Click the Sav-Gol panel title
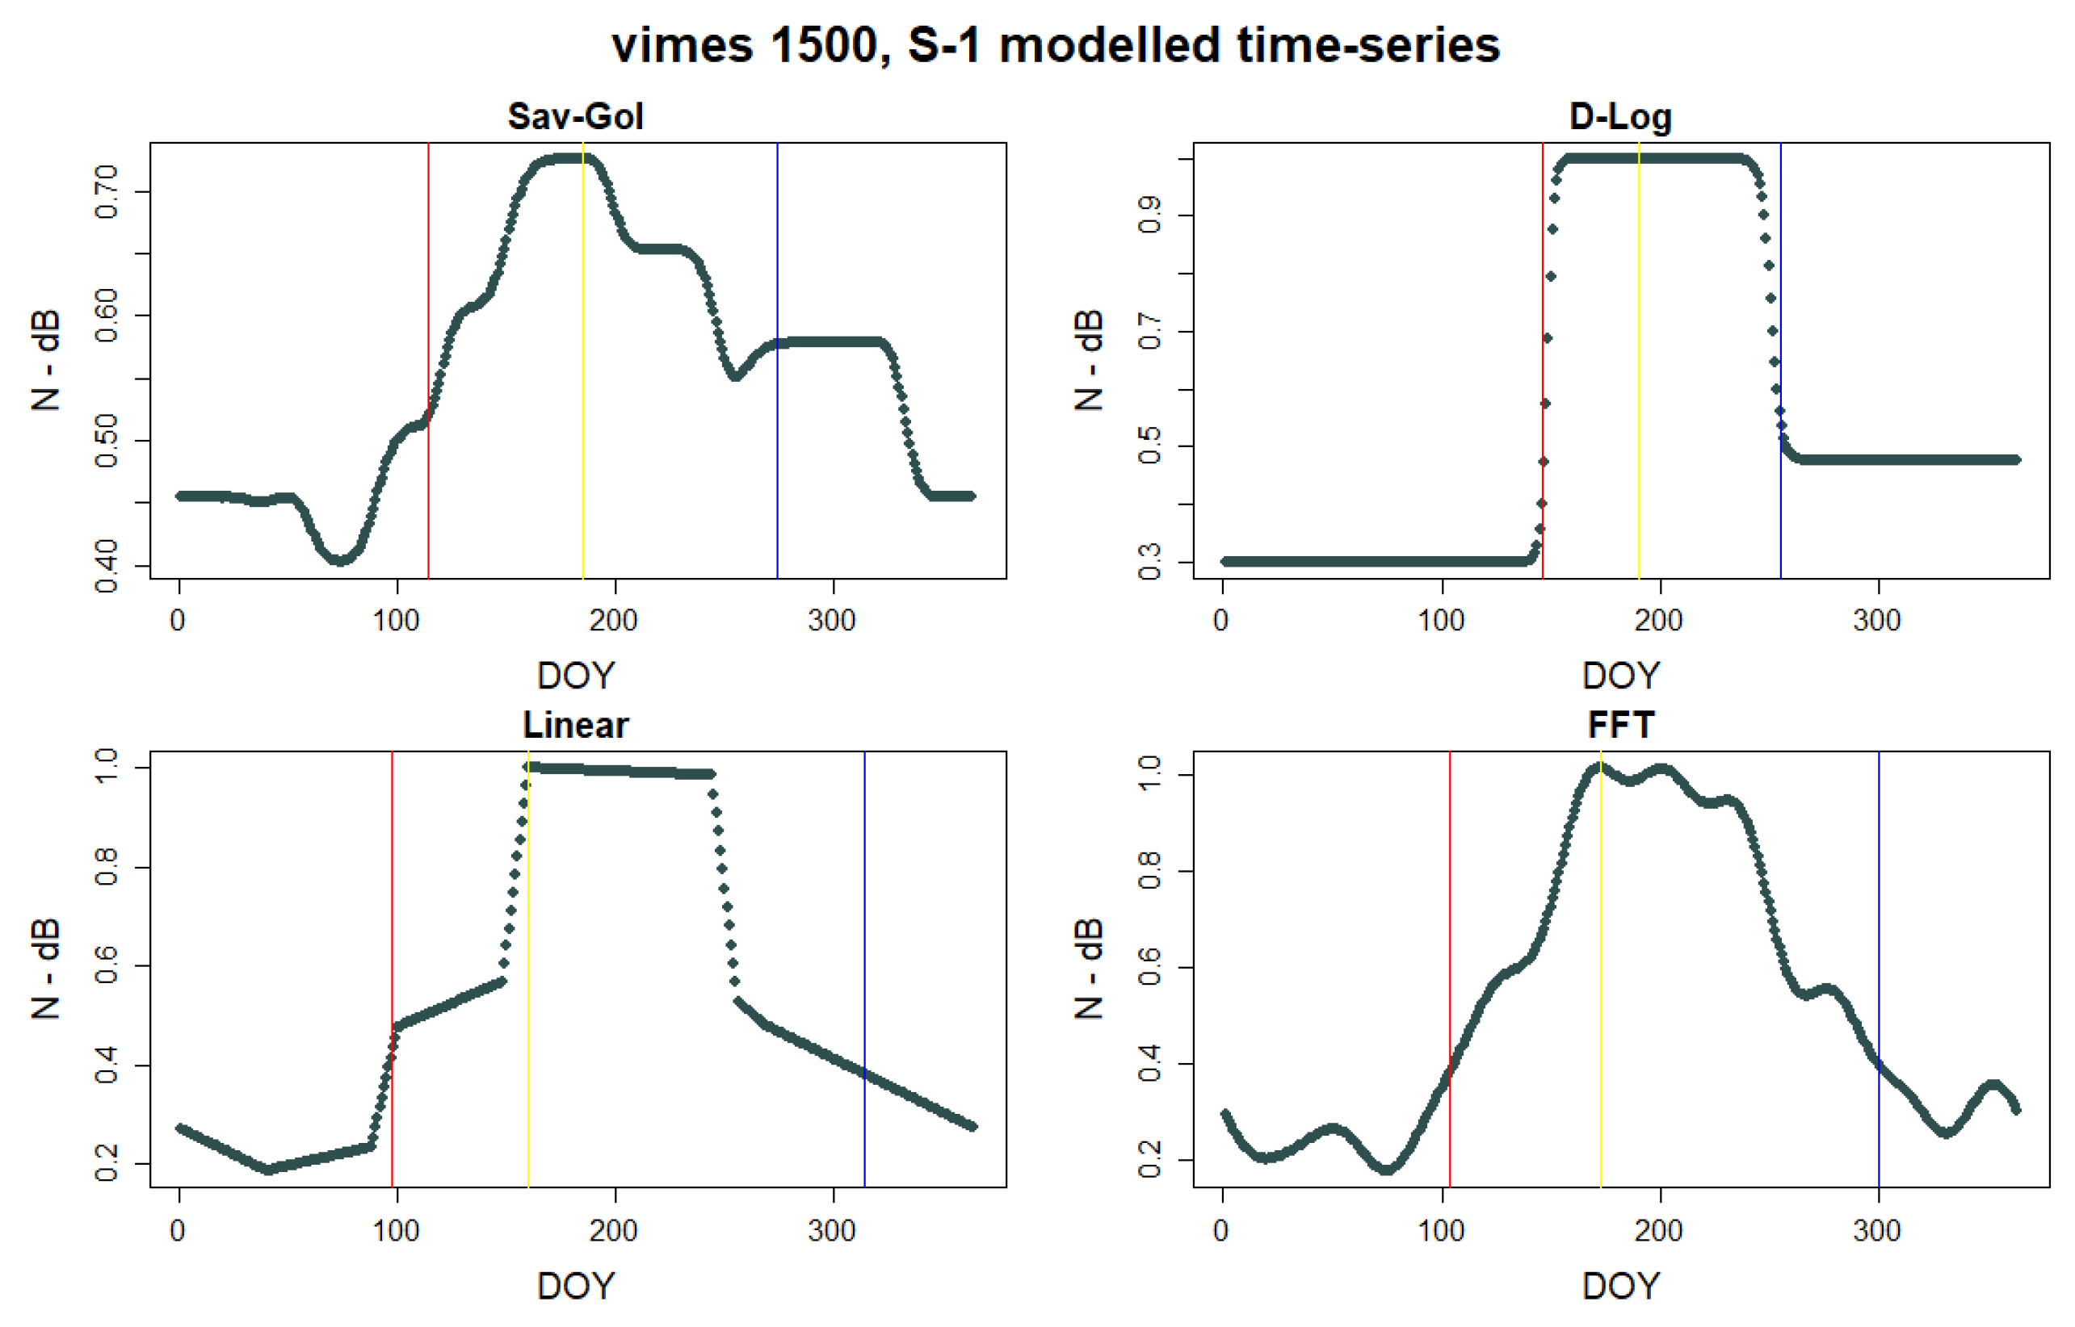[x=575, y=116]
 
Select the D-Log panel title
[x=1619, y=116]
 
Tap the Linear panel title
[x=575, y=725]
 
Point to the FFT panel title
[x=1619, y=725]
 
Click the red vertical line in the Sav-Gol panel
[x=428, y=258]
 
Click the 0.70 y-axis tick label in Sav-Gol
[x=107, y=191]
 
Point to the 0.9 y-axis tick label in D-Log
[x=1150, y=215]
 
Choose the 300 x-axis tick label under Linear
[x=832, y=1230]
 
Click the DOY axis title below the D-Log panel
[x=1619, y=676]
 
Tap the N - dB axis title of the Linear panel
[x=46, y=969]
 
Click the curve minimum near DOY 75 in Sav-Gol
[x=341, y=560]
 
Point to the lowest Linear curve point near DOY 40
[x=268, y=1170]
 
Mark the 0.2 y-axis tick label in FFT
[x=1150, y=1160]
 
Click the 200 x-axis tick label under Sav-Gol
[x=614, y=621]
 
